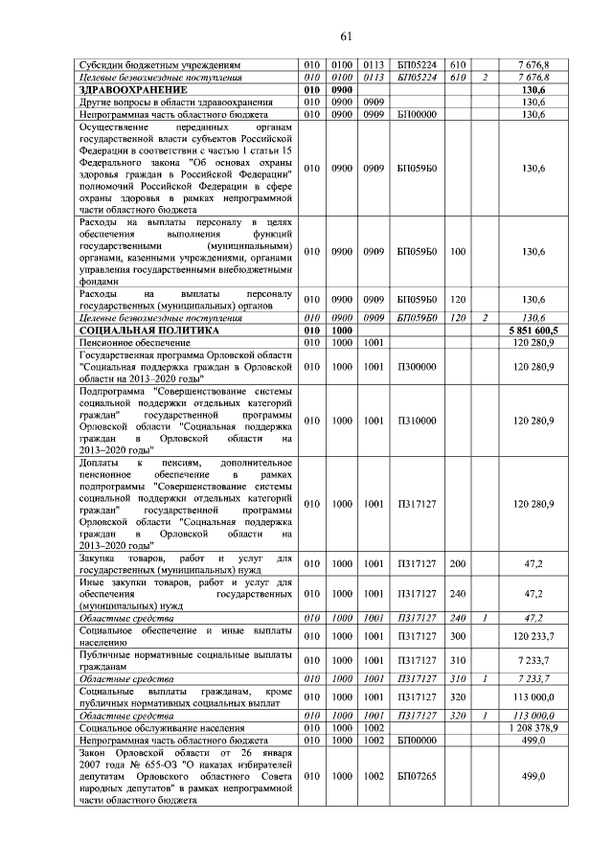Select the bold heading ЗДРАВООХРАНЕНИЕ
pos(133,89)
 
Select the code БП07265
pos(417,775)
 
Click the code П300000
pos(417,366)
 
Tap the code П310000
pos(417,420)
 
